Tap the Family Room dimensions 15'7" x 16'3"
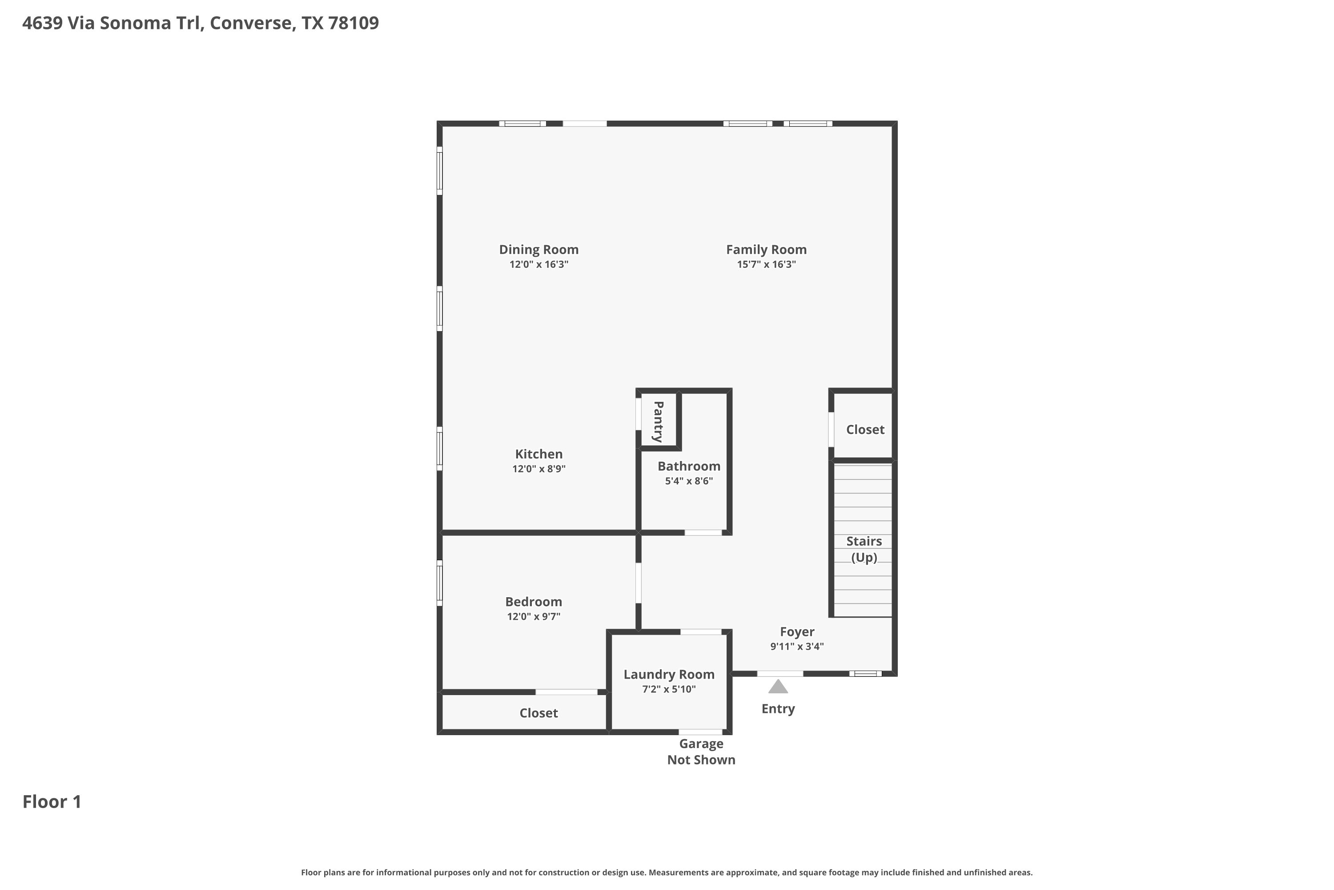[x=766, y=264]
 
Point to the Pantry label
[x=658, y=422]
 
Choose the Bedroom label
[x=533, y=602]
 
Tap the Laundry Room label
[x=669, y=674]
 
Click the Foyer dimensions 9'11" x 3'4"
[x=797, y=647]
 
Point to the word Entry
[x=778, y=709]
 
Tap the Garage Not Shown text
[x=701, y=752]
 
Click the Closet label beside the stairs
[x=865, y=430]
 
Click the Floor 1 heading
[x=52, y=801]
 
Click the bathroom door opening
[x=703, y=532]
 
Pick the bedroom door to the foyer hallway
[x=638, y=583]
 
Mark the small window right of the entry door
[x=865, y=674]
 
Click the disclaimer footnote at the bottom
[x=667, y=872]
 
